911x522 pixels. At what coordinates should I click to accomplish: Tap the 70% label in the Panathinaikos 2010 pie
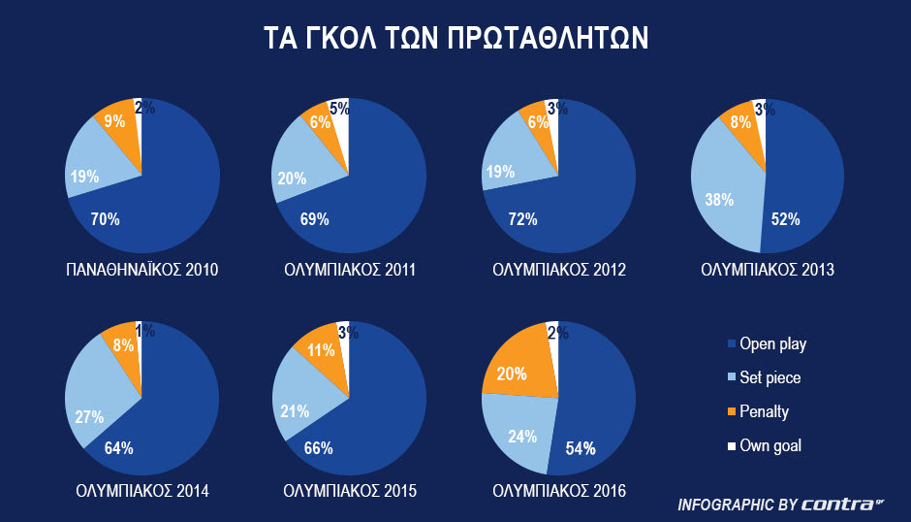pos(105,220)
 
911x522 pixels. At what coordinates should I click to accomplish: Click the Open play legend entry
pos(772,343)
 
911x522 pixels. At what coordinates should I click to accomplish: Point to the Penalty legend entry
pos(764,411)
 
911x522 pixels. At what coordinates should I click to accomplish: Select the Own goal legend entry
pos(770,445)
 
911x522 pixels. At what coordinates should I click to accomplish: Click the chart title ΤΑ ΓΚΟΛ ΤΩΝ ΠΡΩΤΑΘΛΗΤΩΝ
pos(455,39)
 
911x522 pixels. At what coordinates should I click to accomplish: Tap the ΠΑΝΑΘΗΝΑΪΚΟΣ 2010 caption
pos(141,270)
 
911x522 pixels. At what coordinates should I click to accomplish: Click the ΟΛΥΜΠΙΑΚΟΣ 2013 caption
pos(768,270)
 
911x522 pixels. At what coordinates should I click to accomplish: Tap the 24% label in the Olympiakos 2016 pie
pos(522,437)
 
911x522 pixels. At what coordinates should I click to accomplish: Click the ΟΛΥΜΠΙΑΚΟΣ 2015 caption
pos(350,492)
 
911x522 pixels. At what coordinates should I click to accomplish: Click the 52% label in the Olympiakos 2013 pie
pos(786,219)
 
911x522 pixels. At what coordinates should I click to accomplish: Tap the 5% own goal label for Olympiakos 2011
pos(338,110)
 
